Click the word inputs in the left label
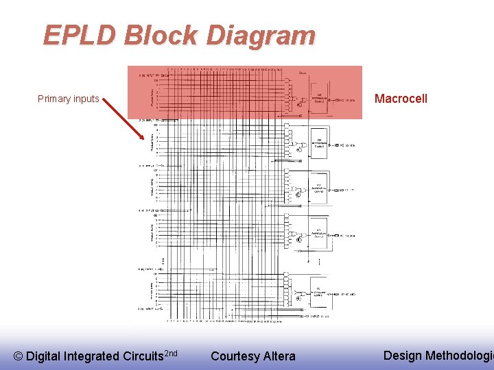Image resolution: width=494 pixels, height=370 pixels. point(86,99)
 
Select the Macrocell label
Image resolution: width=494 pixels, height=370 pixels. point(401,99)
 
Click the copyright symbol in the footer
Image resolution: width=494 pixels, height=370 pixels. point(19,356)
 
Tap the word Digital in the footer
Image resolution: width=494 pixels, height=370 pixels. point(43,356)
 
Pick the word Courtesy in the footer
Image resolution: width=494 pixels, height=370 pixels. point(235,356)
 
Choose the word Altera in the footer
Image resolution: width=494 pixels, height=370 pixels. point(279,356)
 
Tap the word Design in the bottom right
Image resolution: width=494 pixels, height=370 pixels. point(403,355)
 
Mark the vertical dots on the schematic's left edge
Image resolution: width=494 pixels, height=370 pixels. point(163,262)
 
